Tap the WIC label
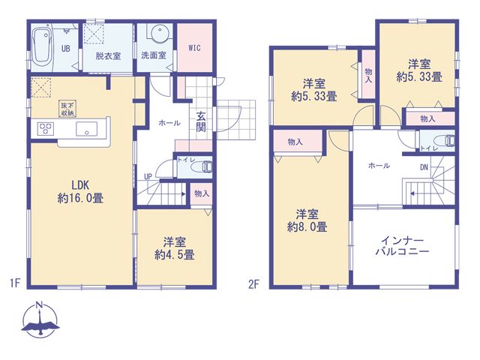[195, 48]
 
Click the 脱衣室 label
[108, 56]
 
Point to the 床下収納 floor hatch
[68, 109]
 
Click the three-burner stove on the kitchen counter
[46, 128]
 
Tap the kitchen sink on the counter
[87, 128]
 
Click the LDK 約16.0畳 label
[80, 192]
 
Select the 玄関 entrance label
[201, 121]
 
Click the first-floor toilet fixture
[206, 167]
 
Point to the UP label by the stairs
[148, 177]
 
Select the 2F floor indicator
[253, 284]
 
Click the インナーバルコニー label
[402, 247]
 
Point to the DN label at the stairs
[424, 167]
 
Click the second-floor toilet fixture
[450, 140]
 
